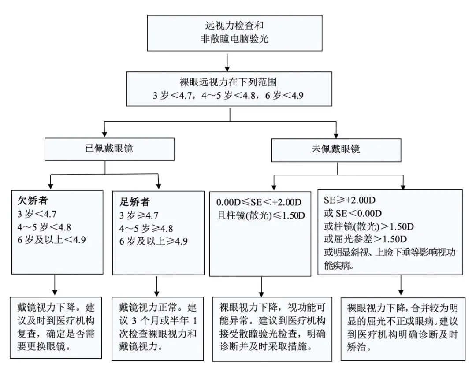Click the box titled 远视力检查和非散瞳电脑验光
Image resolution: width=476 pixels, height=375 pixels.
(234, 33)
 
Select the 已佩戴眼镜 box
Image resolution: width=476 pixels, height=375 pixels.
(109, 149)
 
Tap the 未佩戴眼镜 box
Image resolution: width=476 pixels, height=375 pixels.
(336, 150)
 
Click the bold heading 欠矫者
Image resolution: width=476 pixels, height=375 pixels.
(33, 200)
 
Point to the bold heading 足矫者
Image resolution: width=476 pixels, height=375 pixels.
(134, 202)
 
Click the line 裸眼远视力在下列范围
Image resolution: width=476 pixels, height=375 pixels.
(228, 82)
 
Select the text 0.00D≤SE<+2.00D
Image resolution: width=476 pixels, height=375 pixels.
(259, 202)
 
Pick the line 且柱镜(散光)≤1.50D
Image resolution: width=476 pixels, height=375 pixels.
(260, 215)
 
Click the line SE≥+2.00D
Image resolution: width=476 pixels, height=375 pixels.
(350, 200)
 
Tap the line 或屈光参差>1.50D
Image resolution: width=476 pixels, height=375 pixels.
(365, 239)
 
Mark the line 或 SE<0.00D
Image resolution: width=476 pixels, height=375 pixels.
(353, 213)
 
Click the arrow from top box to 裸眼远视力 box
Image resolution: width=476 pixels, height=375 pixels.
(227, 63)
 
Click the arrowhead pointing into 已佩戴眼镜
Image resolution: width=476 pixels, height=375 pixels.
(105, 134)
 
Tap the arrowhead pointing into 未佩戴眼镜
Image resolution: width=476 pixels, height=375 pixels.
(336, 135)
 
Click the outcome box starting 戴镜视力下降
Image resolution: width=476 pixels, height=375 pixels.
(56, 328)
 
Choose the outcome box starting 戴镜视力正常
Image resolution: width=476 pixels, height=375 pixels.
(158, 329)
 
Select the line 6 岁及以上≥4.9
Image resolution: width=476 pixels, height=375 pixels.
(153, 241)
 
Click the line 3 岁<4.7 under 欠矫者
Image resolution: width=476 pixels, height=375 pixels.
(37, 214)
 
